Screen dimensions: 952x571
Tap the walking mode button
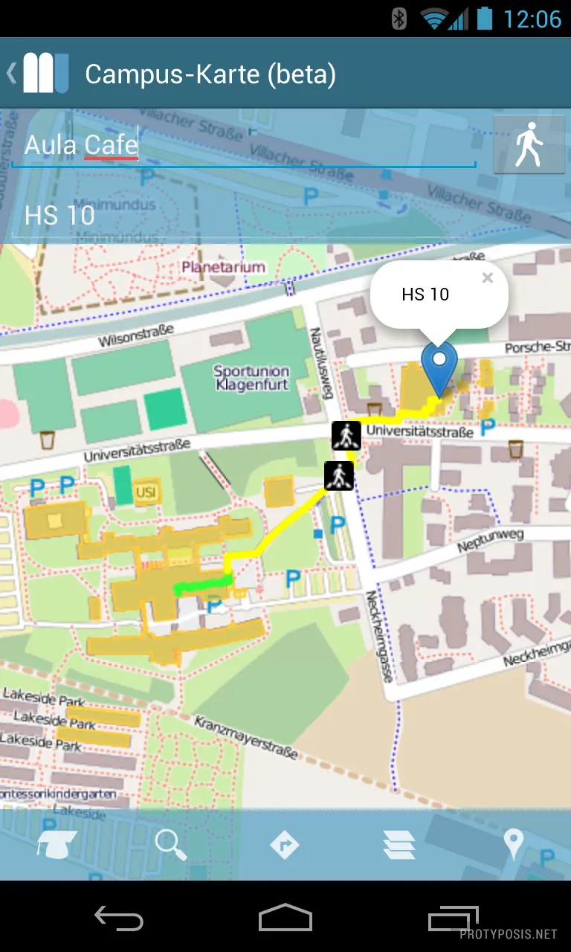click(529, 145)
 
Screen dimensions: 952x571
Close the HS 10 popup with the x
click(487, 278)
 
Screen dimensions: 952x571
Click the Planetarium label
click(223, 267)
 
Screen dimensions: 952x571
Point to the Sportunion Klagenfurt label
click(251, 378)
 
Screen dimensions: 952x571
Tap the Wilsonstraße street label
click(135, 335)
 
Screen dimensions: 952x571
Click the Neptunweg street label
click(490, 541)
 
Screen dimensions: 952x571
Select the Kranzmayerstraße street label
click(246, 738)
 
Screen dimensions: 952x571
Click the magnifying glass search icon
click(170, 846)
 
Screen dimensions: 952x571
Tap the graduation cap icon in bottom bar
click(57, 846)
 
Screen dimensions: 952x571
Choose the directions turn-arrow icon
click(285, 846)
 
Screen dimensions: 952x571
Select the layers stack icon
click(399, 846)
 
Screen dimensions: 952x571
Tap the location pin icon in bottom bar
click(513, 844)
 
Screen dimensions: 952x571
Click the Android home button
click(285, 919)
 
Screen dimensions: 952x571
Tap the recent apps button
click(453, 919)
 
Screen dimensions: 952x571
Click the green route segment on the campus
click(202, 586)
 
